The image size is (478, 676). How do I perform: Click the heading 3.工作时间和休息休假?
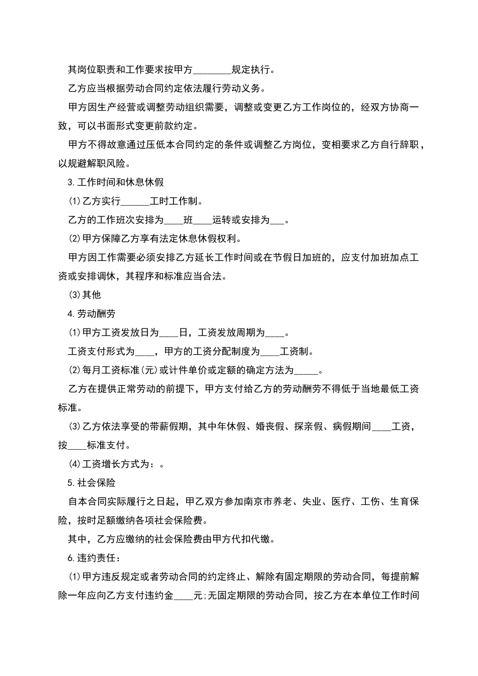tap(116, 182)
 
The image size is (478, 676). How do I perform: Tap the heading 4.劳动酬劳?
tap(92, 314)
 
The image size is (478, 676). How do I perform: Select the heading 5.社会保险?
tap(92, 483)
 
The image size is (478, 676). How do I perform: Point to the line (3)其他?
tap(85, 295)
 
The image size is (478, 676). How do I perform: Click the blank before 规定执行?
tap(212, 70)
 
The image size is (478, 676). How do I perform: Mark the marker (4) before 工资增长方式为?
tap(74, 464)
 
